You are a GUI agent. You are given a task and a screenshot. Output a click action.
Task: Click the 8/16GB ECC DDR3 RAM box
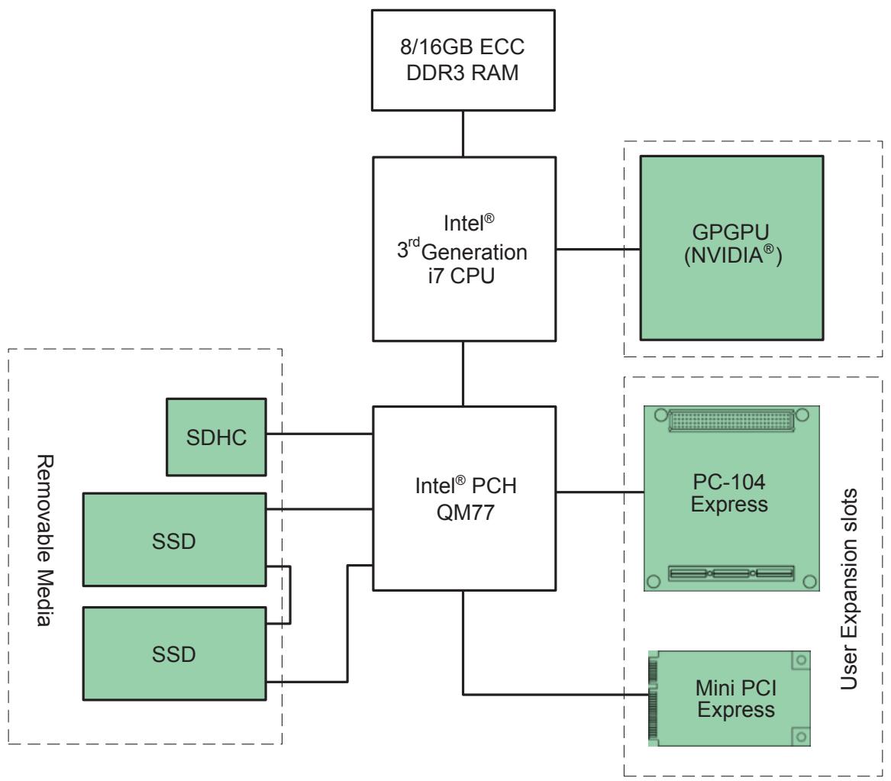point(463,60)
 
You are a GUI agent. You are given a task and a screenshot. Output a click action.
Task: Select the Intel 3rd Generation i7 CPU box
point(463,249)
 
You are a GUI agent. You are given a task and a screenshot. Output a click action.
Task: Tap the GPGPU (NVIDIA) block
point(732,248)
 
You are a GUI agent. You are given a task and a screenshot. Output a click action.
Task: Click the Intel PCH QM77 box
point(463,498)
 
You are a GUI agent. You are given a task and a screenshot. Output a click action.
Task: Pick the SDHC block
point(216,437)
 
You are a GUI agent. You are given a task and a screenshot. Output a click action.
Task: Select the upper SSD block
point(174,540)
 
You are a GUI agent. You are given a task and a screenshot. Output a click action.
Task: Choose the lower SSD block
point(174,654)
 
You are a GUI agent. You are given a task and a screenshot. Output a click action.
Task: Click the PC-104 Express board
point(731,498)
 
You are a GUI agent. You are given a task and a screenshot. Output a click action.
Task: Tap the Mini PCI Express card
point(729,698)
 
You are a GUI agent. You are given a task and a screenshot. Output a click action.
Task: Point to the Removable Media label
point(45,541)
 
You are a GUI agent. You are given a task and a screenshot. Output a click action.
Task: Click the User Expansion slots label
point(849,589)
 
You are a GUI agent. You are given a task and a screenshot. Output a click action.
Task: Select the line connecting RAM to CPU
point(463,134)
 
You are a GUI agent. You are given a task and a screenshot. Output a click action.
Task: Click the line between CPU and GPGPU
point(599,249)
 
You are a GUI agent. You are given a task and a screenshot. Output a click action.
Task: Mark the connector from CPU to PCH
point(463,374)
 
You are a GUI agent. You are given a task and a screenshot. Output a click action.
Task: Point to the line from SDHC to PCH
point(319,434)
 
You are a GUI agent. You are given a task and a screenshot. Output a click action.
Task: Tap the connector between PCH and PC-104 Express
point(600,492)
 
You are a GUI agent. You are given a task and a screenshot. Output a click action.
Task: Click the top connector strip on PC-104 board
point(731,421)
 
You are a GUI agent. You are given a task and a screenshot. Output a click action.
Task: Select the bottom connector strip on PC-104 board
point(731,573)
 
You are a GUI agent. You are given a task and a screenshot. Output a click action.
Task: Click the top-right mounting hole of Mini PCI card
point(801,660)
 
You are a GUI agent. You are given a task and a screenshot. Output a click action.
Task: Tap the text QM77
point(466,512)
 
